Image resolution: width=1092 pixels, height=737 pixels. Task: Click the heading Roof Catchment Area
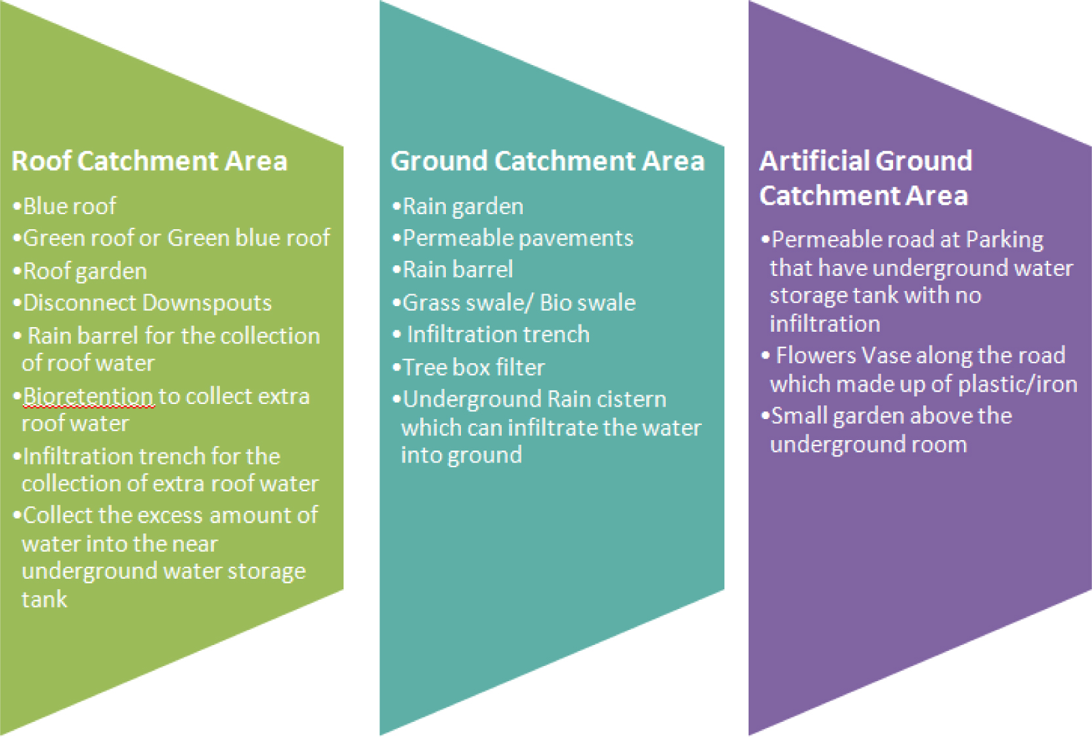149,161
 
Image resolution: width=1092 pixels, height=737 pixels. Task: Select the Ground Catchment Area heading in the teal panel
547,161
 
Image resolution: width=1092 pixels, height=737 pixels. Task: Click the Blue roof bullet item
70,206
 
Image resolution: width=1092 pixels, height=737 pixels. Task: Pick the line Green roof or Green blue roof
176,238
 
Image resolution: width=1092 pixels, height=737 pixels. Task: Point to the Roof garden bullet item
85,271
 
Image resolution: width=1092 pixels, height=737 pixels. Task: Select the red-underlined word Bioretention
88,396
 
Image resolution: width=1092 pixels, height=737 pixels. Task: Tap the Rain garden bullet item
462,206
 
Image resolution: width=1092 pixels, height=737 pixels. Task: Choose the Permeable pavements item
517,238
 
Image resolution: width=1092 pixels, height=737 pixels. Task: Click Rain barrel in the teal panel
457,269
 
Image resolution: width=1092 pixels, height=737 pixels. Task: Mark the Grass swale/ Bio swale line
518,303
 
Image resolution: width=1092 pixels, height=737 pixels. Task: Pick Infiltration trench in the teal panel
498,334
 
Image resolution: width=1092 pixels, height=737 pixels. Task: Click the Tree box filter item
473,367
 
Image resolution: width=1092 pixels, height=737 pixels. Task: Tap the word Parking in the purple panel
1004,240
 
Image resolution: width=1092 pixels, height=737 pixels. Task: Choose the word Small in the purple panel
799,416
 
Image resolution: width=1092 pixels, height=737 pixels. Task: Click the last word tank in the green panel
44,599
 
